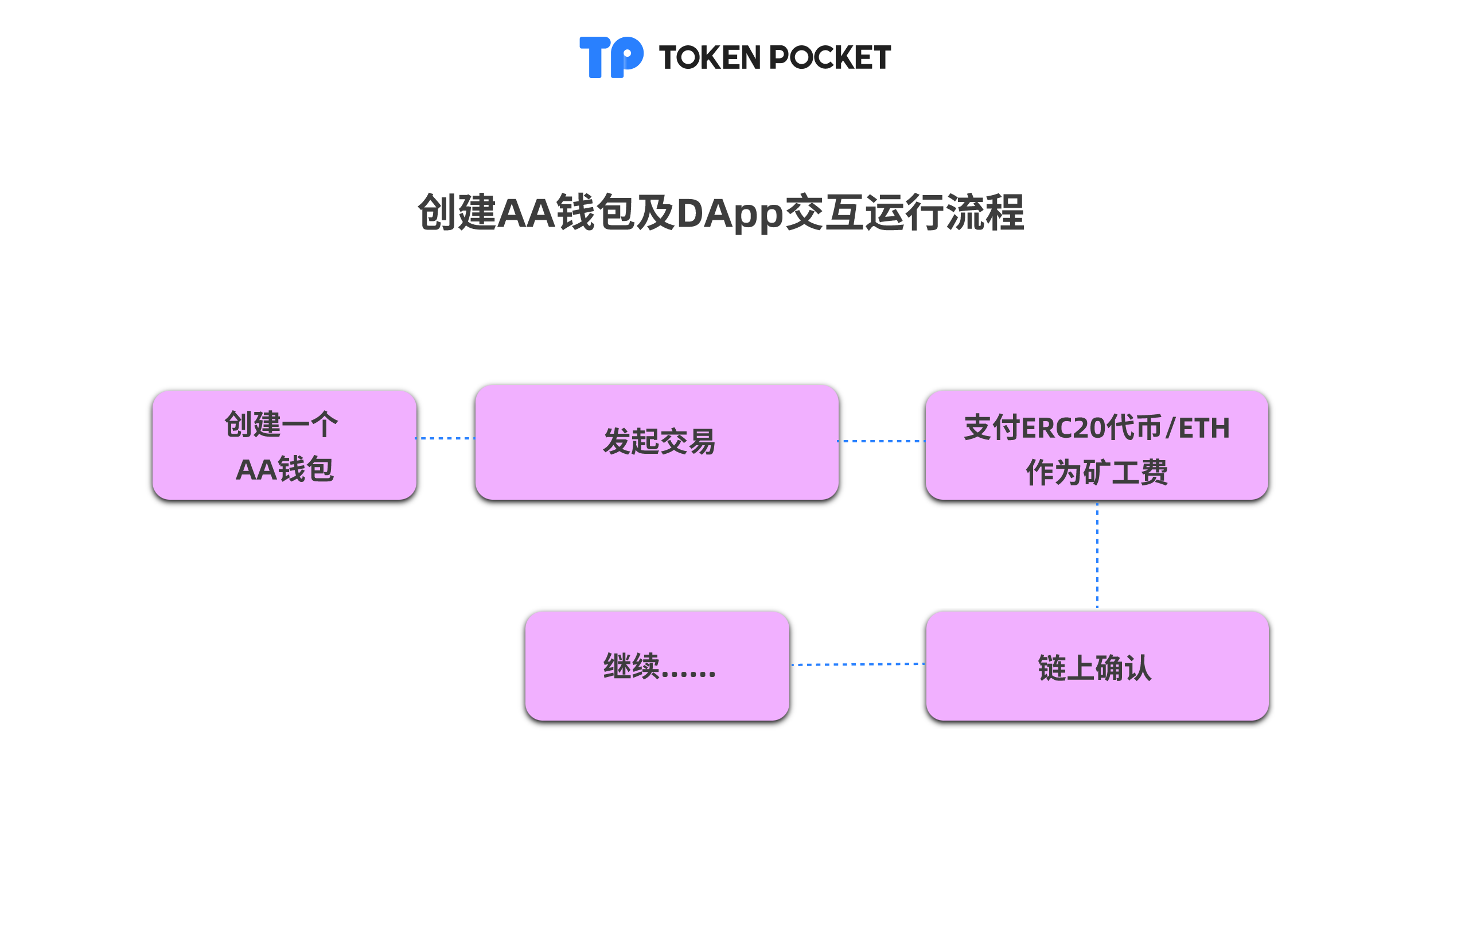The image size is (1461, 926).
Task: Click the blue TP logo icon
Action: coord(611,57)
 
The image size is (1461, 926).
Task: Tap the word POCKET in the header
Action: coord(830,57)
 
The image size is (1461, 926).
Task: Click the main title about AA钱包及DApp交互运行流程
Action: coord(721,213)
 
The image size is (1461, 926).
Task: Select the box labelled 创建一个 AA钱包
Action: coord(285,445)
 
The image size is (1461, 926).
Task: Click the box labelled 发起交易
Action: coord(657,442)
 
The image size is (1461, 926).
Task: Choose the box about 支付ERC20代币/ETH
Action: coord(1097,445)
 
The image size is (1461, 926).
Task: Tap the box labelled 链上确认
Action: coord(1097,666)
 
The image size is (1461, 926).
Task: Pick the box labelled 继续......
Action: coord(657,666)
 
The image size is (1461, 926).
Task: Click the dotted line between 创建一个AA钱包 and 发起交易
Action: coord(445,438)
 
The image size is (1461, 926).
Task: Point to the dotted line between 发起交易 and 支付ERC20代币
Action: coord(882,441)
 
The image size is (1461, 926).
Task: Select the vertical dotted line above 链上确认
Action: coord(1097,555)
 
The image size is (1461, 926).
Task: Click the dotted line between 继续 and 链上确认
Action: coord(858,664)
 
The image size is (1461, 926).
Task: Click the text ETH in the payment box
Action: coord(1205,429)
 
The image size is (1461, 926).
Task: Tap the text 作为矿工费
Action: coord(1097,472)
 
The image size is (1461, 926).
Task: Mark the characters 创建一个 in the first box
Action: coord(282,424)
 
